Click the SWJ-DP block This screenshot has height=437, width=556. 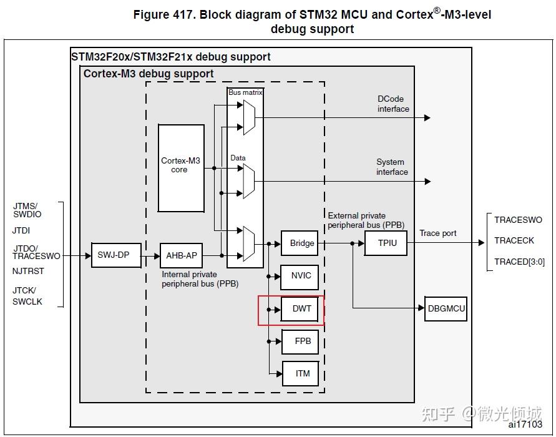[x=113, y=255]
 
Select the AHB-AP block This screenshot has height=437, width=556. [x=182, y=255]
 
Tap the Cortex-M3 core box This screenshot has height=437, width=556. [x=181, y=168]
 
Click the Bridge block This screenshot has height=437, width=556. [x=302, y=243]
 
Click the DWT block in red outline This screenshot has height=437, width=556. [x=302, y=309]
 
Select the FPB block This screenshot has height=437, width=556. [x=302, y=341]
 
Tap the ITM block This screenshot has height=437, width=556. [x=302, y=374]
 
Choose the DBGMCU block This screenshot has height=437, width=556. [x=446, y=308]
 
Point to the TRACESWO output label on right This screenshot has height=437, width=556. [x=518, y=220]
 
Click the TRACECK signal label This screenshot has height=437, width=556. [x=514, y=240]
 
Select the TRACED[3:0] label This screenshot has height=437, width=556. [x=519, y=262]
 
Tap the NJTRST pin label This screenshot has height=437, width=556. [x=28, y=272]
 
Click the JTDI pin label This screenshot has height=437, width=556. [x=21, y=230]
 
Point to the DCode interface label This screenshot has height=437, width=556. [x=393, y=104]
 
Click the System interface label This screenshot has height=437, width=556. [x=392, y=167]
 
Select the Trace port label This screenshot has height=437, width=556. [x=437, y=233]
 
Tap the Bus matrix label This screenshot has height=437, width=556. [x=245, y=92]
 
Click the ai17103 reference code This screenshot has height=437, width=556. [x=525, y=425]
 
